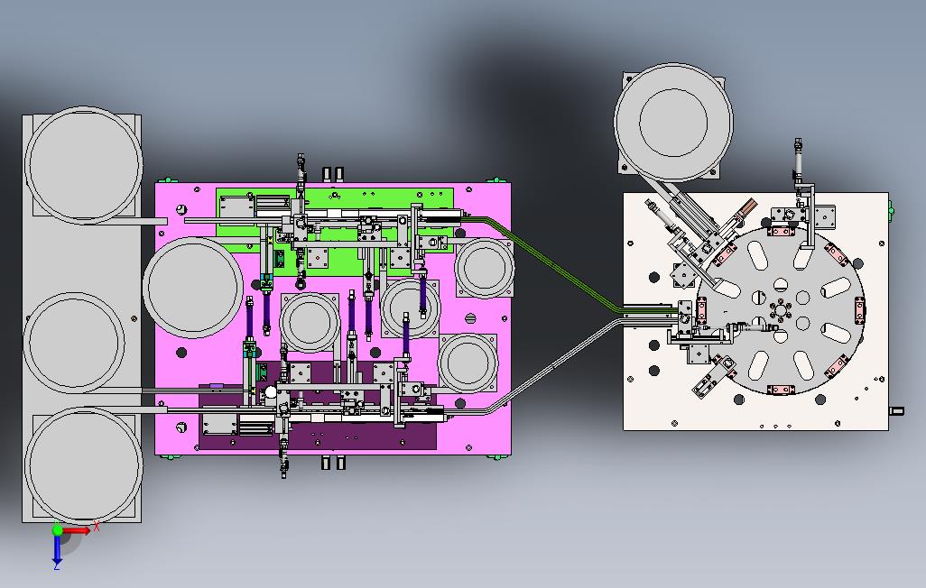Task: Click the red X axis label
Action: point(97,525)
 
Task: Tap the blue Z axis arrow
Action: point(57,549)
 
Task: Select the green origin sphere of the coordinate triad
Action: point(57,529)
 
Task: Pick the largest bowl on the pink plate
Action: point(192,288)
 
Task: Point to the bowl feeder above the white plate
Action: point(673,123)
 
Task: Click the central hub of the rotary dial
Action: point(780,309)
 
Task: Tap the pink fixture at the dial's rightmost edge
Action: point(860,310)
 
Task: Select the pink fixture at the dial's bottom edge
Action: point(781,390)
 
